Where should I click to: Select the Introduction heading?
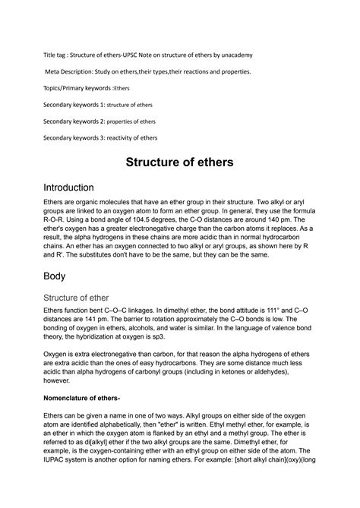68,188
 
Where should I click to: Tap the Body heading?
57,276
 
